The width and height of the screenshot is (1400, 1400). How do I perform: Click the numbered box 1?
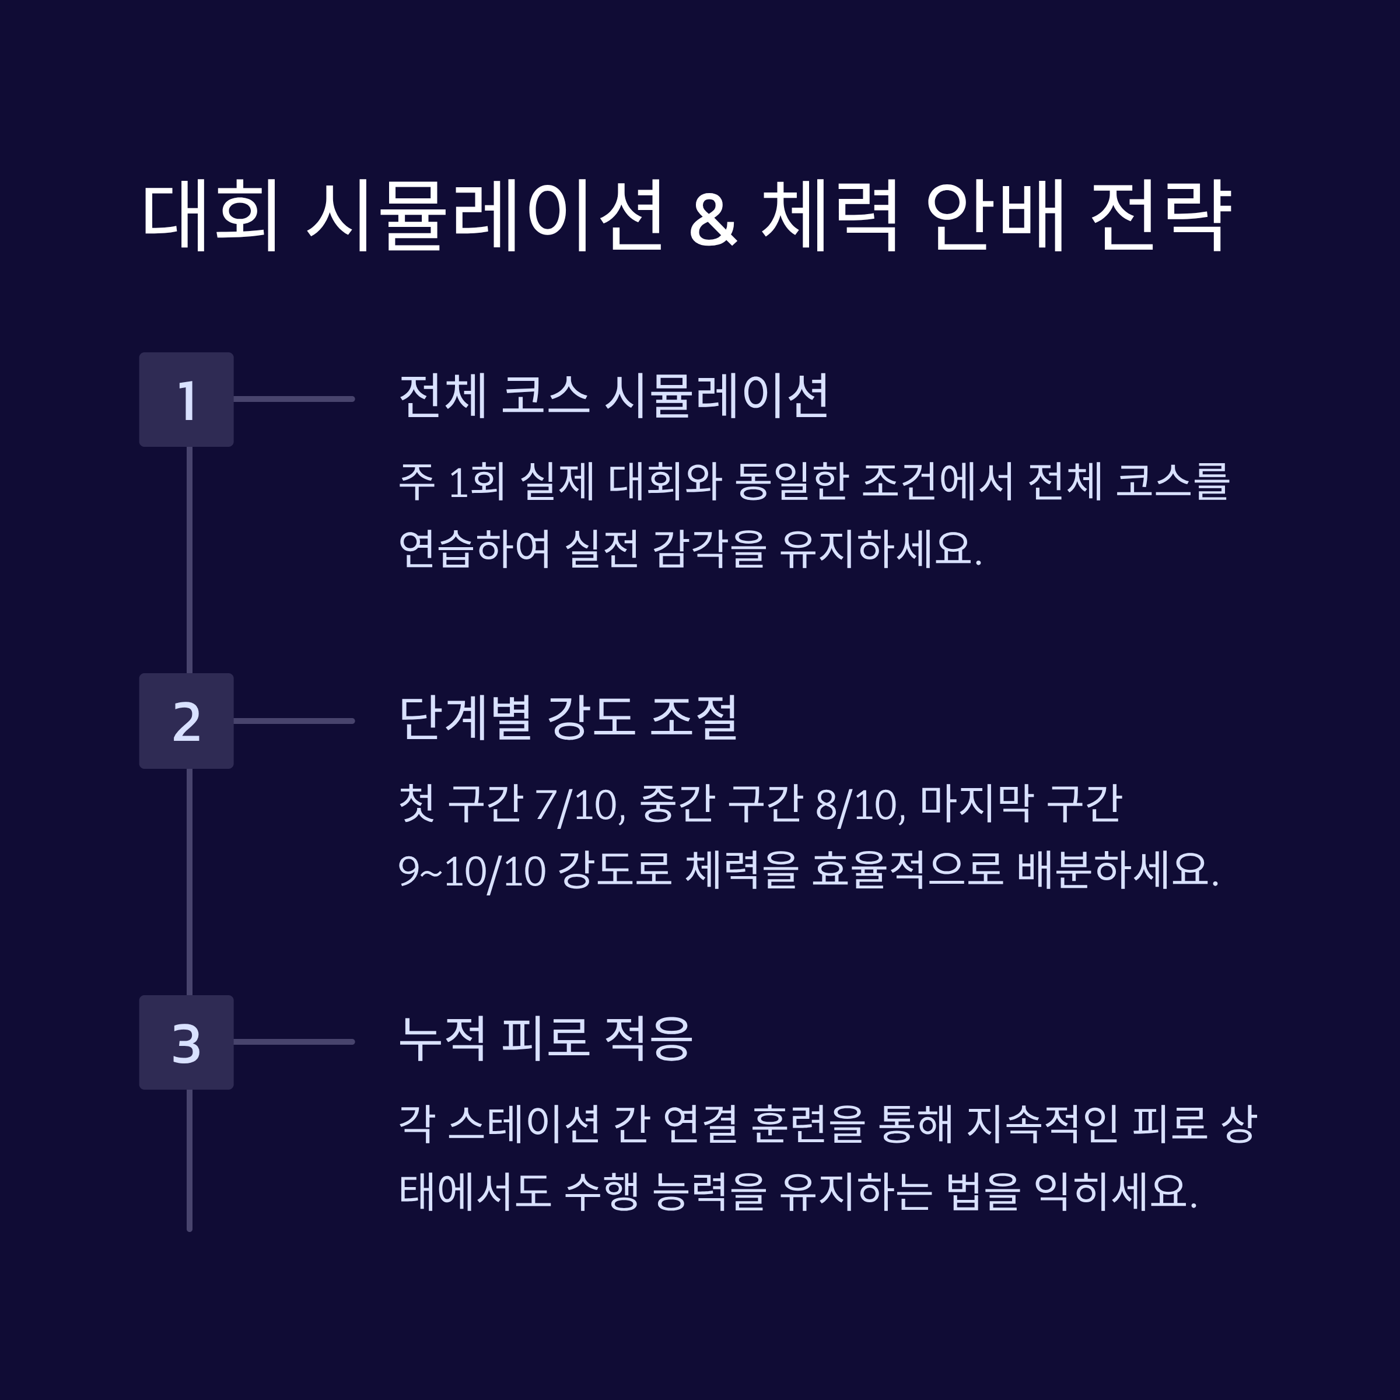pyautogui.click(x=186, y=399)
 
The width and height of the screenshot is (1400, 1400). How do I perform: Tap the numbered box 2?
pyautogui.click(x=186, y=721)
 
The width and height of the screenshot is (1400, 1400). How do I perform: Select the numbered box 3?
pyautogui.click(x=186, y=1042)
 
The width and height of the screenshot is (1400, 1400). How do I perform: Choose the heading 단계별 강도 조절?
pyautogui.click(x=568, y=717)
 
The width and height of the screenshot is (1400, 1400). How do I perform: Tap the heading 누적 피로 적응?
pyautogui.click(x=545, y=1038)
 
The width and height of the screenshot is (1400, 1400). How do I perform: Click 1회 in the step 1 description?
pyautogui.click(x=476, y=482)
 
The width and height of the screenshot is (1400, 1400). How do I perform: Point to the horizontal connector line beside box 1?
pyautogui.click(x=293, y=399)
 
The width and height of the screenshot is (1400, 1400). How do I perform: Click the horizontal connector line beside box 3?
pyautogui.click(x=293, y=1042)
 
